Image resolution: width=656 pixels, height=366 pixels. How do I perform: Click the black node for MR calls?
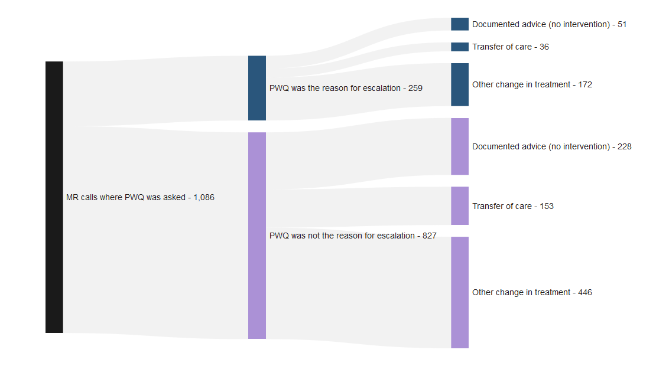54,197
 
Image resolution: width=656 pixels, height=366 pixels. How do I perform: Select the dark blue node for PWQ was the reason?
256,88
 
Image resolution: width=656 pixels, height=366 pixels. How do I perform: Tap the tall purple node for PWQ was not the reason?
256,236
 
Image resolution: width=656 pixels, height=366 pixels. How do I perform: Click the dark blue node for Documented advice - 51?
459,24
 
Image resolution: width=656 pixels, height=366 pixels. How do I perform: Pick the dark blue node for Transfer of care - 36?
459,47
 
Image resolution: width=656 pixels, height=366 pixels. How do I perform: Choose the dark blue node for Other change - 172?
459,84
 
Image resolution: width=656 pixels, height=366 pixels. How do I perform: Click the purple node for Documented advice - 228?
459,146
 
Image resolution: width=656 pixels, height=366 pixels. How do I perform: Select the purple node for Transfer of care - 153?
459,206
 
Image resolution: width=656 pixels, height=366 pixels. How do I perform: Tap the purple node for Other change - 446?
459,292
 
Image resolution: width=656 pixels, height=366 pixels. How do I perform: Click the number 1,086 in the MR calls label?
204,198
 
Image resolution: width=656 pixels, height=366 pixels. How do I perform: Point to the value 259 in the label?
415,89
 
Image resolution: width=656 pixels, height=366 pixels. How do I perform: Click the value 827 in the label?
429,236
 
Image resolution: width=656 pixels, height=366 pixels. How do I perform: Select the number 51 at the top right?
622,25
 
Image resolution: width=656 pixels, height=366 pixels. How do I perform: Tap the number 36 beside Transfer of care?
544,47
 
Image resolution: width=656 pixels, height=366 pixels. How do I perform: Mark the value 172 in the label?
584,85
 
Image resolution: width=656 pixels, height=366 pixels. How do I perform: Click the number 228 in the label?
624,147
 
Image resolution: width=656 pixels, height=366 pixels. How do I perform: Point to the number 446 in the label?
584,293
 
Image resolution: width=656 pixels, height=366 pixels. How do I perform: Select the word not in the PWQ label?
316,236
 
